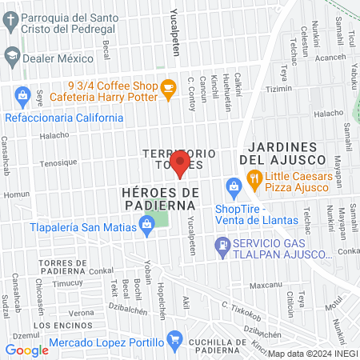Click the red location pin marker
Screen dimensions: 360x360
click(180, 162)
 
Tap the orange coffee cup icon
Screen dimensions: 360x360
click(167, 89)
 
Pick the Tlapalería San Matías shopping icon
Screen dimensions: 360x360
click(147, 226)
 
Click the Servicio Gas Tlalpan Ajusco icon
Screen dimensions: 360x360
click(220, 247)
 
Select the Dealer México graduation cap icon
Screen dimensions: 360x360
click(11, 57)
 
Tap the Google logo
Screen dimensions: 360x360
click(26, 350)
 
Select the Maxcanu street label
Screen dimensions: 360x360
click(264, 285)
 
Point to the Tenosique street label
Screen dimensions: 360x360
click(58, 162)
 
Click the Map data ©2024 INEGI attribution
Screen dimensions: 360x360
click(312, 353)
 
